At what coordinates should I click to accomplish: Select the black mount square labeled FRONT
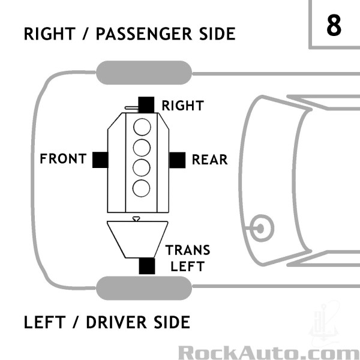100,160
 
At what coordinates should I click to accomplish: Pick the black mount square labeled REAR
176,160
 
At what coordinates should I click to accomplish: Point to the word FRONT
63,160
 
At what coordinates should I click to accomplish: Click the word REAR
209,160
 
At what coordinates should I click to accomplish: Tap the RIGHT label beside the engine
183,106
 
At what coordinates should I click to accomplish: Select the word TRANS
188,250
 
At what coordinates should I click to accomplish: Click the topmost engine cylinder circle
142,127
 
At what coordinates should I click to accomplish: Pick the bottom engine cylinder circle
142,187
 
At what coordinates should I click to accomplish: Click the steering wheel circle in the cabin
262,226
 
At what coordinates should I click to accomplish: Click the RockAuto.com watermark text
269,351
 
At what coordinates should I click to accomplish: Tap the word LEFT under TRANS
188,266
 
